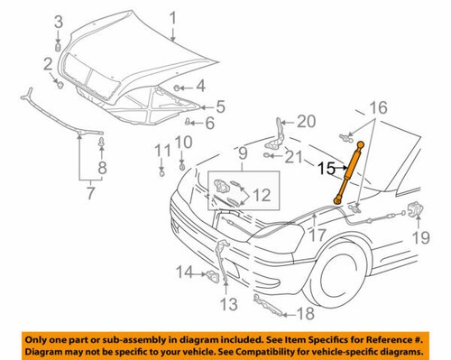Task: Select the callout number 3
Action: coord(58,21)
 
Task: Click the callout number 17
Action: coord(316,237)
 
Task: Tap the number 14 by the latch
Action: coord(184,272)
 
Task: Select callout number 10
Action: coord(183,142)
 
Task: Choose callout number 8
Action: coord(102,168)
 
